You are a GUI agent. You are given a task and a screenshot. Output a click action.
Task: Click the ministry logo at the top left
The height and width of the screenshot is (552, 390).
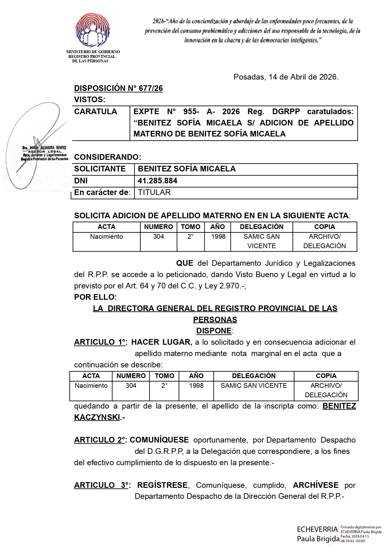pos(93,30)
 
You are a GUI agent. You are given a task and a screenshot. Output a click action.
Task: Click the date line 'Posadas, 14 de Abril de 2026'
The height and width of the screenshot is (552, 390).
pos(286,77)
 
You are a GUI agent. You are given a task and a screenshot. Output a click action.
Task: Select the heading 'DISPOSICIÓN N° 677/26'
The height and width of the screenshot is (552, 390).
pos(118,88)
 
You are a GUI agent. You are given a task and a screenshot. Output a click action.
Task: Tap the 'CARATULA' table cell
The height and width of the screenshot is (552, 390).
pos(95,112)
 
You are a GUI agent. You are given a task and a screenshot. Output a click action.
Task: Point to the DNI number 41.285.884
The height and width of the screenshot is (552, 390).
pos(158,181)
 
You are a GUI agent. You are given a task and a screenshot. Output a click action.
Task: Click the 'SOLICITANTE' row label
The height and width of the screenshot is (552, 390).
pos(100,169)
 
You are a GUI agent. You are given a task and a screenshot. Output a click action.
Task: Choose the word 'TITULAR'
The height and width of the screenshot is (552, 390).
pos(154,192)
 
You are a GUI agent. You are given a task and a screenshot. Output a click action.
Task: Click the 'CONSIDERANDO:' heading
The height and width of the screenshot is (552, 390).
pos(107,157)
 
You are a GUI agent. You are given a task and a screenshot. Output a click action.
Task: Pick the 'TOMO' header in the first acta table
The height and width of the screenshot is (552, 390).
pos(191,227)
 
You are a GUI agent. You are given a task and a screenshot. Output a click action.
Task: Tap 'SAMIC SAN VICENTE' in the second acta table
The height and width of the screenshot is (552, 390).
pos(254,386)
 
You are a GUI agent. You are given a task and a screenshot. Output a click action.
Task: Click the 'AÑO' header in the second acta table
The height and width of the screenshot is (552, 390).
pos(196,376)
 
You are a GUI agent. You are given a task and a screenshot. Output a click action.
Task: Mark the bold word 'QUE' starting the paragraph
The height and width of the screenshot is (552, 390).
pos(185,263)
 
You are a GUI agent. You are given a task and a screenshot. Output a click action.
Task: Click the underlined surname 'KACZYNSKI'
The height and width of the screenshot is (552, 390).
pos(97,417)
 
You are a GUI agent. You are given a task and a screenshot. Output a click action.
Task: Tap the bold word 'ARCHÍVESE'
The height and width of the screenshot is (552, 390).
pos(316,485)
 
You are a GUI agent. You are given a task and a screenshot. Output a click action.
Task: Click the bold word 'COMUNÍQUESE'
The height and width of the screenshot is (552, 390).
pos(159,440)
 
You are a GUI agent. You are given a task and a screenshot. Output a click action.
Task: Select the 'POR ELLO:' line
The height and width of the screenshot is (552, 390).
pos(95,297)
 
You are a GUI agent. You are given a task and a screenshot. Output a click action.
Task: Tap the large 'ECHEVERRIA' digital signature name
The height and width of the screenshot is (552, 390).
pos(317,530)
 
